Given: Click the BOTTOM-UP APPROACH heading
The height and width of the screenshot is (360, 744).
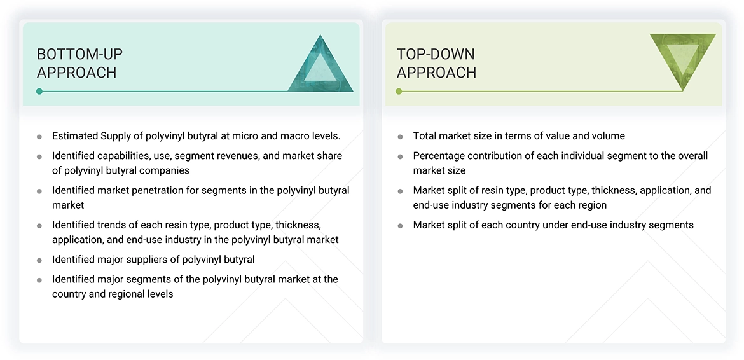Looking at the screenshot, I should click(79, 63).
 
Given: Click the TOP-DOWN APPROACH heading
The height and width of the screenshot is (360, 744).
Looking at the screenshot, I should click(436, 63).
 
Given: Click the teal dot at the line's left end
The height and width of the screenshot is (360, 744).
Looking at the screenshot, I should click(39, 92).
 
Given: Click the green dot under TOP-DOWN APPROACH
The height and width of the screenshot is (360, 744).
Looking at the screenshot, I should click(399, 92).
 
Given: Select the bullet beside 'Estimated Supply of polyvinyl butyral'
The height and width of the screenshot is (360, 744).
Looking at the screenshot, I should click(39, 137).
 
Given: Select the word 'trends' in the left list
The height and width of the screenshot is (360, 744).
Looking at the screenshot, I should click(113, 225).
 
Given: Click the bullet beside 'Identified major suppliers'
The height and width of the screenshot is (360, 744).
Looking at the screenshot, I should click(39, 260).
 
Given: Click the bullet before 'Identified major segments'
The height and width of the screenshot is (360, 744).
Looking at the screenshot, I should click(39, 280).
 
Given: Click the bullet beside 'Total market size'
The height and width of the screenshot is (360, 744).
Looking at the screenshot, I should click(400, 137).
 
